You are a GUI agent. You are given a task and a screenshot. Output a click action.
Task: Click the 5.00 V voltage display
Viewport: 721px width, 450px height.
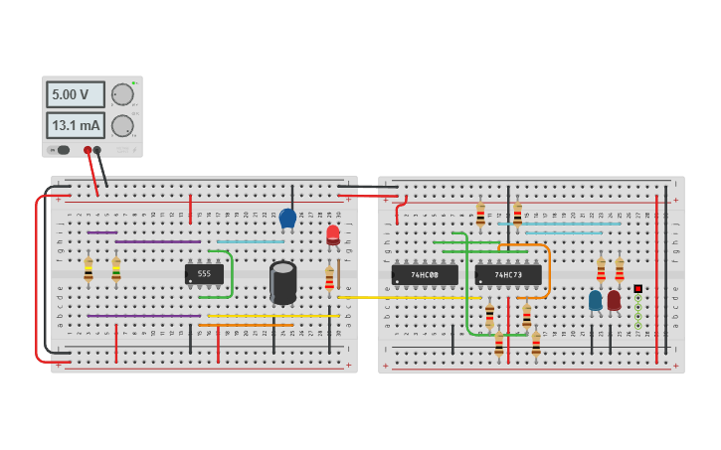point(75,94)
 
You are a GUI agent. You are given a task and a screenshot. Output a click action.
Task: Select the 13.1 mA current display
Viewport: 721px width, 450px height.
point(75,125)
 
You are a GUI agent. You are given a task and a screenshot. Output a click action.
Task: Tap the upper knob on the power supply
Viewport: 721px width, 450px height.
point(122,94)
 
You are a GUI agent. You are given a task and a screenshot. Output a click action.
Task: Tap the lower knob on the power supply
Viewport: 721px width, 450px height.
point(122,125)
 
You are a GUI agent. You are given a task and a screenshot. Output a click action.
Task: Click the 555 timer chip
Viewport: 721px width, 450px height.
point(203,273)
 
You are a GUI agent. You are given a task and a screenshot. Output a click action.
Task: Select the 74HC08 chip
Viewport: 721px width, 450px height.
point(425,274)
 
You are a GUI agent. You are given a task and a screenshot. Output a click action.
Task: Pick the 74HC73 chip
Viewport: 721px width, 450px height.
point(508,274)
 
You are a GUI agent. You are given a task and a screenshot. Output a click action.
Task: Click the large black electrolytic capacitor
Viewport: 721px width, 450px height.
point(282,282)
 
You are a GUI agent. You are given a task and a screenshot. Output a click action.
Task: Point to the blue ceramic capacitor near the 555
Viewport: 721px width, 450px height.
point(287,218)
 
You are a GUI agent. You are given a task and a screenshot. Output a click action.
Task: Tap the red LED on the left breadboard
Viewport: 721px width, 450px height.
point(333,234)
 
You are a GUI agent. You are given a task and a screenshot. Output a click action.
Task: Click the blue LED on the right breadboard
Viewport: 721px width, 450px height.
point(595,299)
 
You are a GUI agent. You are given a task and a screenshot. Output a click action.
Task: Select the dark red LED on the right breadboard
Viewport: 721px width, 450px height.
point(614,299)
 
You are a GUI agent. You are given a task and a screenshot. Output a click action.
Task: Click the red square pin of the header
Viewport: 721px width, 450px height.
point(637,288)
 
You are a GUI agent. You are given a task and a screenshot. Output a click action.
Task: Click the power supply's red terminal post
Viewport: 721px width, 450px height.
point(88,150)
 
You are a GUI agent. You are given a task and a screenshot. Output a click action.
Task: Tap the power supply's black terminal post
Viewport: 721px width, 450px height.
point(96,150)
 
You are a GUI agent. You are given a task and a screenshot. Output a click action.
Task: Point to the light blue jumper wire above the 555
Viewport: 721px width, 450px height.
point(251,241)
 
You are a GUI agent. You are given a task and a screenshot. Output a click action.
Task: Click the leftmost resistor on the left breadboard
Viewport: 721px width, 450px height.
point(89,269)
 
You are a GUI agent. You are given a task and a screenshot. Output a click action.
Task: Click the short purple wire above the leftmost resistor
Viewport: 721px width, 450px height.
point(101,232)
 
